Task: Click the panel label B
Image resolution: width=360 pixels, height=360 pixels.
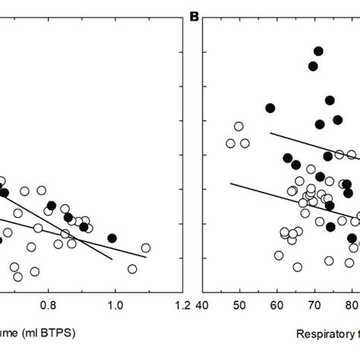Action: point(194,14)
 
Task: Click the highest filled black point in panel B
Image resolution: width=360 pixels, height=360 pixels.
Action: point(318,51)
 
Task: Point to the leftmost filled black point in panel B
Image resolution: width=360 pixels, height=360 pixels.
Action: point(270,108)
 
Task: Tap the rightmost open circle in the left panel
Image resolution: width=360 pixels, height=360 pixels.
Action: point(145,248)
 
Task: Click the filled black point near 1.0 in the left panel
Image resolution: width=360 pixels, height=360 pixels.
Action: point(112,238)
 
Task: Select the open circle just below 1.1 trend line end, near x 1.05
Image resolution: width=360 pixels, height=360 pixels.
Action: point(132,269)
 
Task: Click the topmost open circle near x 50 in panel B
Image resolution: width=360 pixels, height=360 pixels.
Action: point(238,126)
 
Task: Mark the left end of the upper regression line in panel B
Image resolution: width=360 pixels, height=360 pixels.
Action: point(270,134)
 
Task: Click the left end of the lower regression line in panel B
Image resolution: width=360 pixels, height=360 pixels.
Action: point(231,182)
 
